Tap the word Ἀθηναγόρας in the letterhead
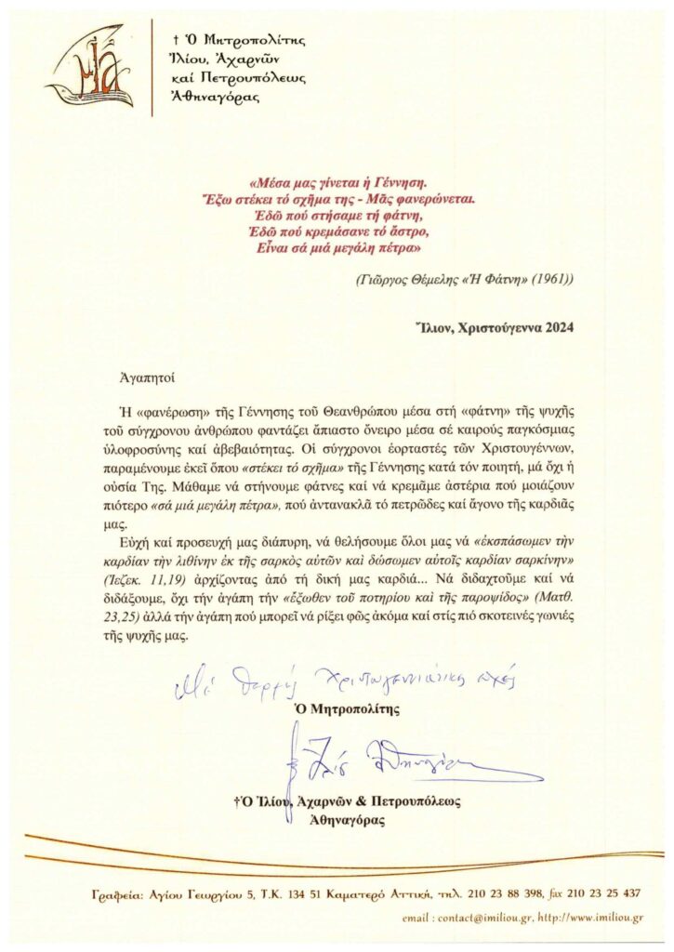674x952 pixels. [x=218, y=95]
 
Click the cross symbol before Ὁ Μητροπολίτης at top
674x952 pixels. [x=177, y=41]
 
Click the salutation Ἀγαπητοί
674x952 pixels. [x=149, y=377]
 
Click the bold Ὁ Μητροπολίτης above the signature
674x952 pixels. [x=347, y=708]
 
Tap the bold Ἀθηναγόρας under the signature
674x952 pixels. [x=347, y=821]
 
